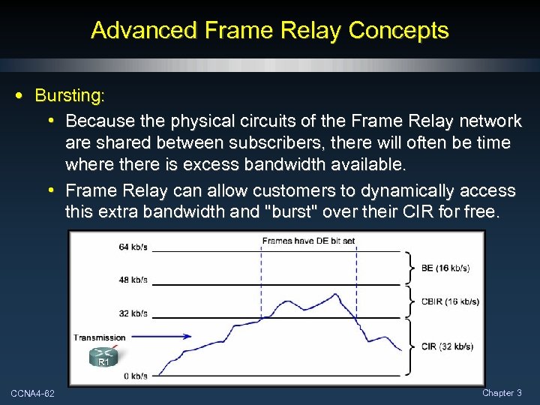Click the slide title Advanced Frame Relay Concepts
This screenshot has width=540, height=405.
269,30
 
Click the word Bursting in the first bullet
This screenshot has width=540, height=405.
69,96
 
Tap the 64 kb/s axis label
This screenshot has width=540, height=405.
133,247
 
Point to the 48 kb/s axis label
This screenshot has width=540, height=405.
133,280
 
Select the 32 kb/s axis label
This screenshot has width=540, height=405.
133,313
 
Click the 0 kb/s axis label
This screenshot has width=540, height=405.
135,375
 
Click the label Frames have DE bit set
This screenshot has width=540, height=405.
308,241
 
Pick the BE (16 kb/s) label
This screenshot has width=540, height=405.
446,268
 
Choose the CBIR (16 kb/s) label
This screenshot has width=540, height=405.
449,301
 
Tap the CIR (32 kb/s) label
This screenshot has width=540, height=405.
447,346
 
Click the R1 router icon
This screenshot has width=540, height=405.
103,357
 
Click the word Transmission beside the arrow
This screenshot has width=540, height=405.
100,337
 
